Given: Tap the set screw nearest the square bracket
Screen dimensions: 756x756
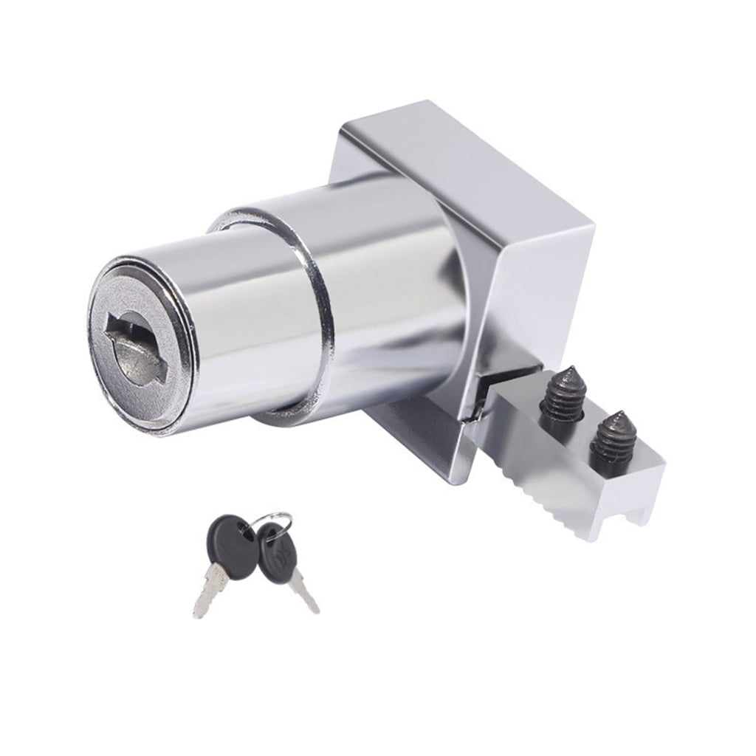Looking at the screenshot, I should click(563, 398).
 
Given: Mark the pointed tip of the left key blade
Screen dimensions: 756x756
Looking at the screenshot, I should click(198, 614).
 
